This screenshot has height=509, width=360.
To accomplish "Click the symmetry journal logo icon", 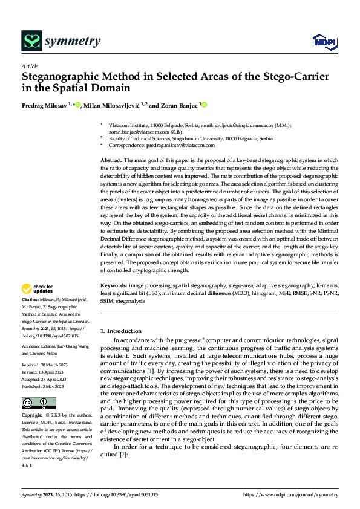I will click(31, 41).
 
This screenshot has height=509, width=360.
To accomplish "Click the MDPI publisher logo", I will click(323, 41).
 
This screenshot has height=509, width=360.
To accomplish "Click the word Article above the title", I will click(29, 66).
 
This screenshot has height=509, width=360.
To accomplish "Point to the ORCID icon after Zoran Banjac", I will click(204, 105).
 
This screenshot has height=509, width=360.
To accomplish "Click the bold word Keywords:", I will click(113, 284).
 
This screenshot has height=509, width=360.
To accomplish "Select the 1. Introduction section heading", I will click(120, 331).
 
